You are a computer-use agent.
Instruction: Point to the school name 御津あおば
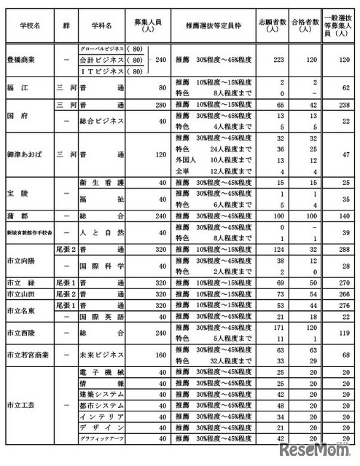click(x=27, y=155)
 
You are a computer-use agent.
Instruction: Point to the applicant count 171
click(x=275, y=329)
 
